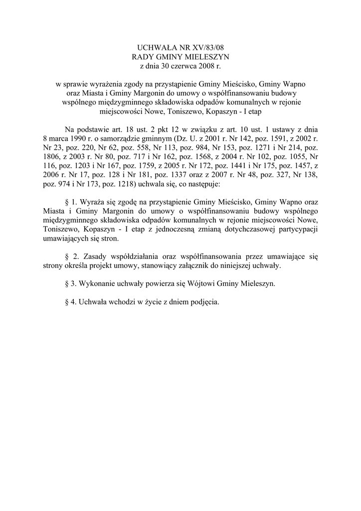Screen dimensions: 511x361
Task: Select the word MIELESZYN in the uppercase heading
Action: click(205, 57)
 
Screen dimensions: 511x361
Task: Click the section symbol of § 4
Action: click(68, 302)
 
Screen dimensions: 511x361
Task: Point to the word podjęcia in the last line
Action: click(204, 302)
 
